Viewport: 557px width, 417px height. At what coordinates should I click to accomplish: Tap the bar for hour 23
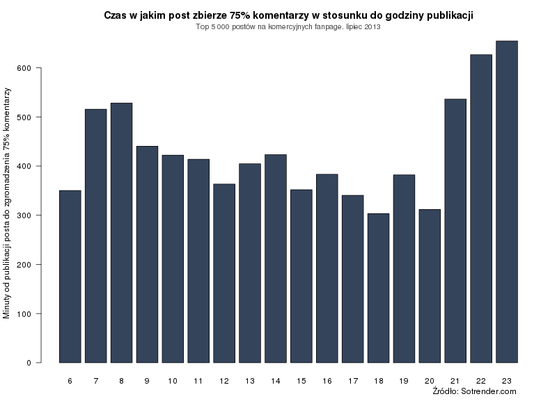(507, 202)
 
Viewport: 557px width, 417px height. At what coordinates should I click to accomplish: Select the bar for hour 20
(430, 286)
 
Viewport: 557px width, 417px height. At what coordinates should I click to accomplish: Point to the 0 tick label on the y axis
(29, 363)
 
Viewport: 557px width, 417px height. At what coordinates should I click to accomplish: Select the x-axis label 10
(173, 381)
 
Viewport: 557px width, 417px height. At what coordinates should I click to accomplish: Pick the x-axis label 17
(353, 381)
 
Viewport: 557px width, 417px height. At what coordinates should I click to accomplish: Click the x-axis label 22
(481, 381)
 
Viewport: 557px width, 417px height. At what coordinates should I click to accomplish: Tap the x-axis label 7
(95, 381)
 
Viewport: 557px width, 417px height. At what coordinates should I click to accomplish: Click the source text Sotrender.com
(494, 392)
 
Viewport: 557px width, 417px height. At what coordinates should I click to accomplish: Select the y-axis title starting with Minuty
(7, 204)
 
